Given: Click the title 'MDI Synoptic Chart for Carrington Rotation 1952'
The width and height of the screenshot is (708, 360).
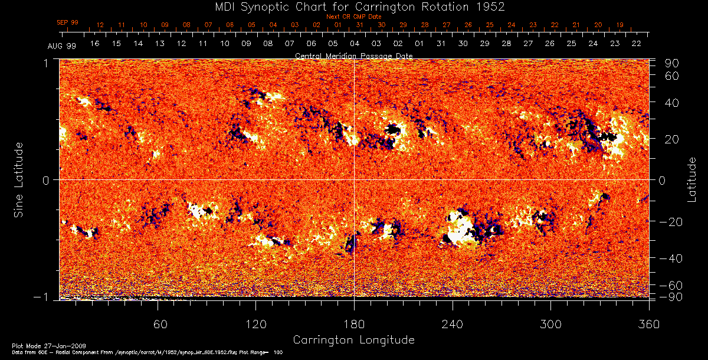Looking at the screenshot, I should click(353, 6).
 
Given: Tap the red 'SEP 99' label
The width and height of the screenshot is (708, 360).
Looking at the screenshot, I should click(67, 22).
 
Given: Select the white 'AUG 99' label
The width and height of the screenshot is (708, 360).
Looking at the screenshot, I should click(62, 45).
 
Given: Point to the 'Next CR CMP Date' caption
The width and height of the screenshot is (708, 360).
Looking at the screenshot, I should click(353, 17).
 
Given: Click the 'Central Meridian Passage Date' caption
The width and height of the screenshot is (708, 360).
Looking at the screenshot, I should click(353, 55).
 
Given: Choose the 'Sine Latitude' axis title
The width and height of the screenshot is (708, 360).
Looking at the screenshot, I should click(19, 179).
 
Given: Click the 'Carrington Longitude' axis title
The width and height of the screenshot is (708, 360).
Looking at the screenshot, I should click(353, 340).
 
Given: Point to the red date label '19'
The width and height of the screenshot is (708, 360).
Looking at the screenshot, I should click(619, 25).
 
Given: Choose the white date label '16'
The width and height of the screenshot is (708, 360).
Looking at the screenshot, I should click(94, 44).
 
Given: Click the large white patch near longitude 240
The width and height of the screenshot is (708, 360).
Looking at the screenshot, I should click(459, 229).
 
